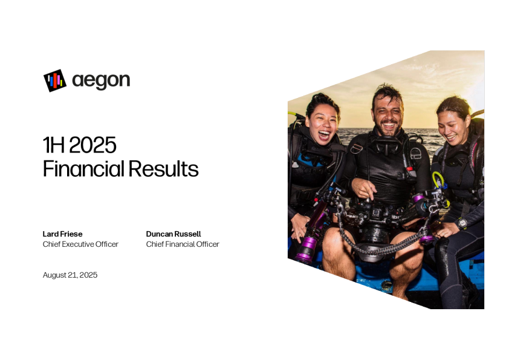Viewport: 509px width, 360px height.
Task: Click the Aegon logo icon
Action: coord(55,80)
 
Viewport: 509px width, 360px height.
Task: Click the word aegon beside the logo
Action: coord(101,80)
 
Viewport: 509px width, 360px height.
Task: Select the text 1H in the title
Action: coord(53,145)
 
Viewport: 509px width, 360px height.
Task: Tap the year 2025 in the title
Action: coord(93,145)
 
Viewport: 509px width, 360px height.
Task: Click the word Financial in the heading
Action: coord(84,169)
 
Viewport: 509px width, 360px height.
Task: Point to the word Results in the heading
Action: coord(163,169)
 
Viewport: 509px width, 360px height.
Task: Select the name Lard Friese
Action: coord(62,234)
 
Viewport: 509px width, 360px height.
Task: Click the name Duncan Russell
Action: coord(173,234)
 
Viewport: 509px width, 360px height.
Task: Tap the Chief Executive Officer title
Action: coord(80,244)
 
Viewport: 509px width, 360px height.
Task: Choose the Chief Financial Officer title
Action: coord(183,244)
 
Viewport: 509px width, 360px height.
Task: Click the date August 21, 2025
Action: coord(70,275)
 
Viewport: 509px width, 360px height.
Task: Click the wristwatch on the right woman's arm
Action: coord(461,223)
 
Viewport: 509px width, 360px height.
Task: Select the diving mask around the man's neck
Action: coord(388,145)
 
